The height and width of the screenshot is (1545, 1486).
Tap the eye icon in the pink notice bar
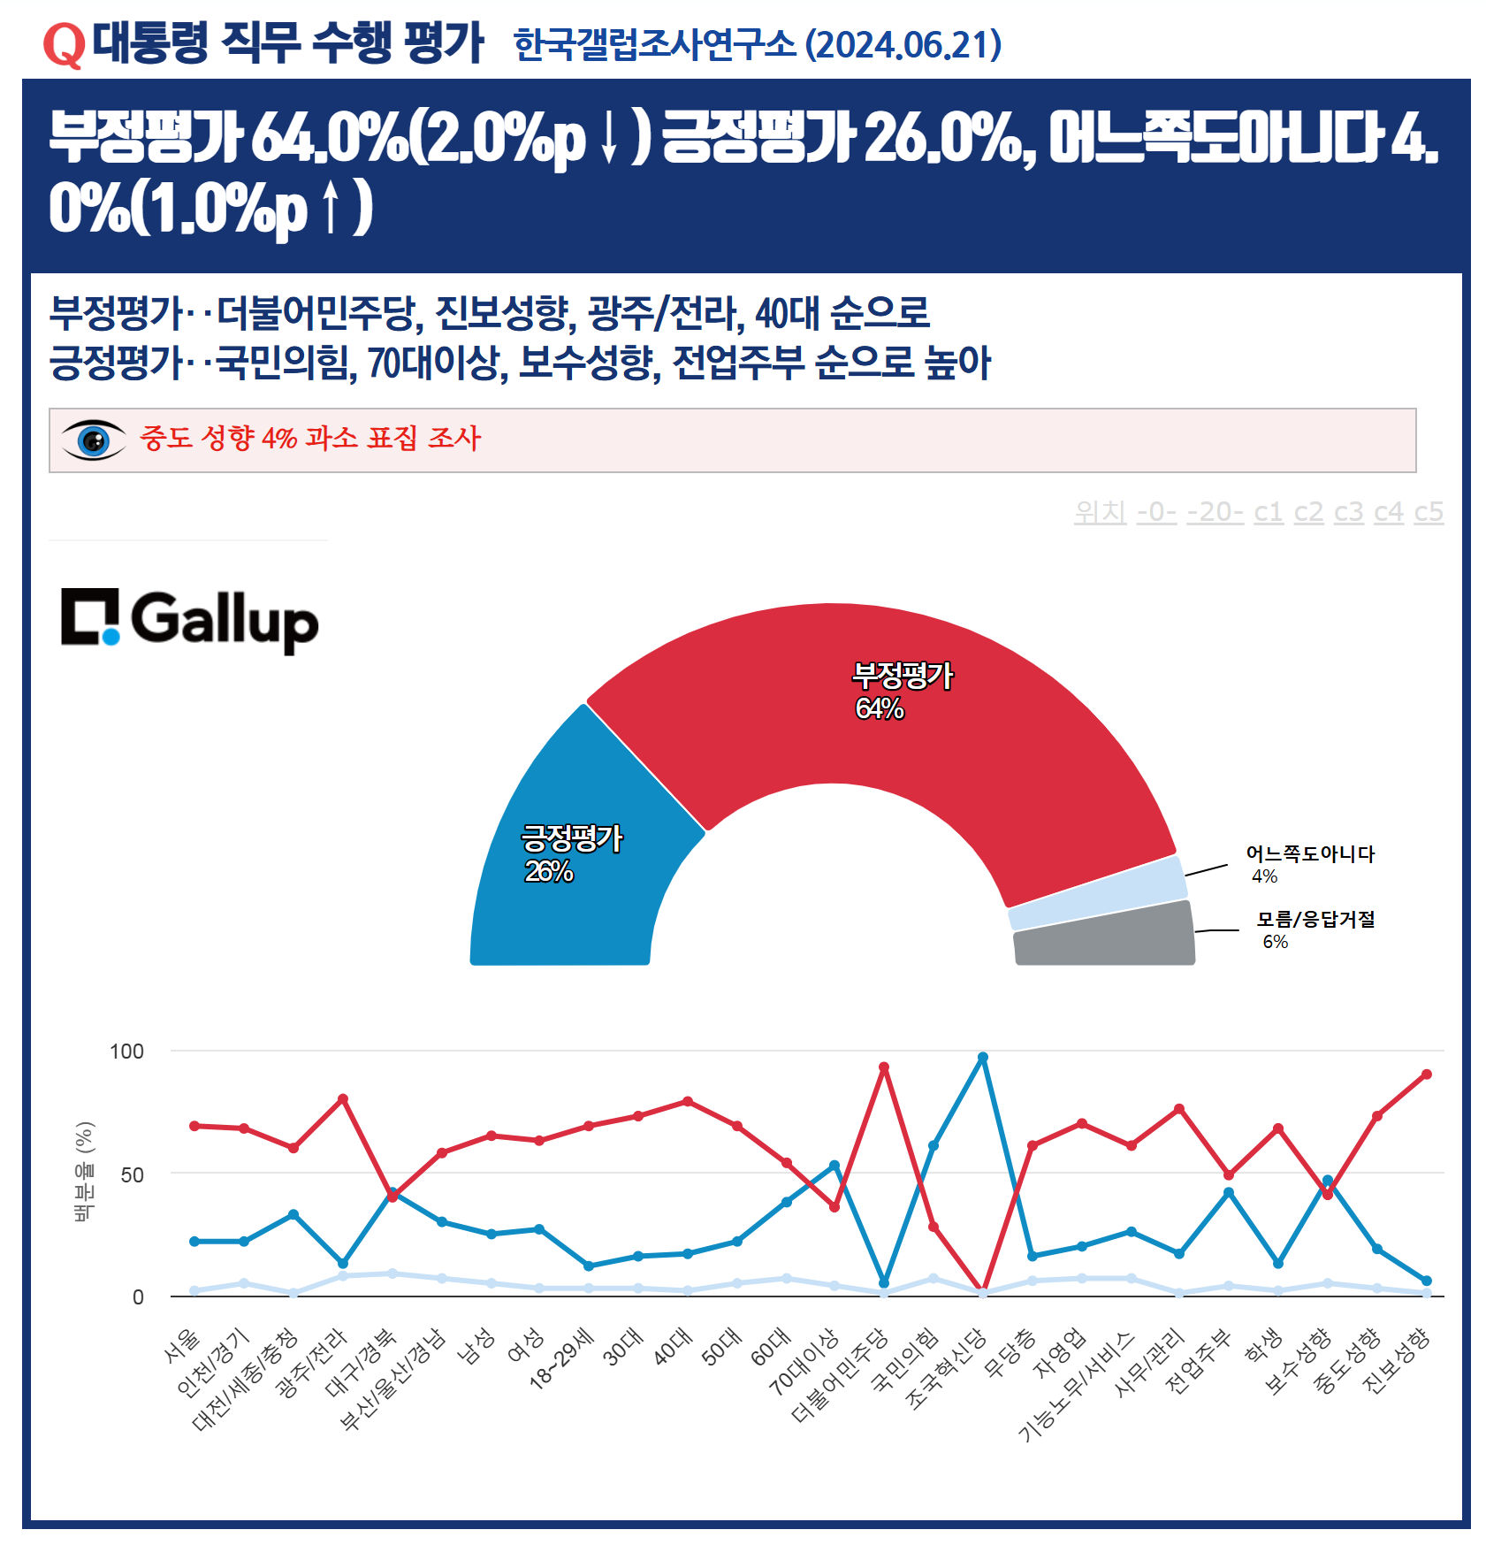[93, 440]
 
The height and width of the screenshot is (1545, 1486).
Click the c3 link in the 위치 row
[1348, 511]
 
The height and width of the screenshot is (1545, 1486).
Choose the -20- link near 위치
[1215, 511]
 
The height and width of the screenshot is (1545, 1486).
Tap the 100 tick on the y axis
[126, 1052]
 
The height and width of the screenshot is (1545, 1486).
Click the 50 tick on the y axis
[132, 1174]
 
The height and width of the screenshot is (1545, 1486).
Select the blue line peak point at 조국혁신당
[982, 1058]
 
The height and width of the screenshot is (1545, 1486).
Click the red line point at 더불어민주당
[883, 1067]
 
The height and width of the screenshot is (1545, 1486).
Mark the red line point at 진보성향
[1426, 1075]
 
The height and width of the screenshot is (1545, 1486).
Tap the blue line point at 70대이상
[834, 1166]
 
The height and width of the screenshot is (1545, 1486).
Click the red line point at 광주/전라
[343, 1099]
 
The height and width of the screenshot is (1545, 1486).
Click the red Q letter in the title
[64, 44]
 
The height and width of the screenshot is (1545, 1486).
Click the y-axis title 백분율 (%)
[84, 1171]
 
